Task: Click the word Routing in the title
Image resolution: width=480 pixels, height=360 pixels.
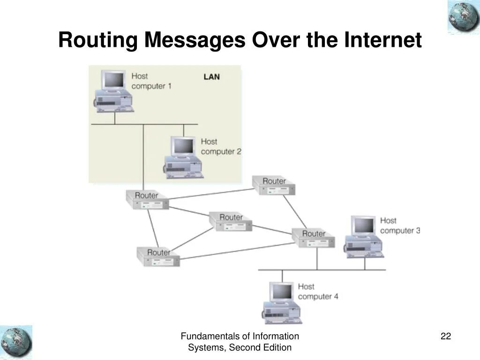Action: coord(98,41)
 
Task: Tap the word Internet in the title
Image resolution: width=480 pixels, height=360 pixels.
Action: coord(383,40)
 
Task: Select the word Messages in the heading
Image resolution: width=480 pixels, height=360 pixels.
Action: coord(195,41)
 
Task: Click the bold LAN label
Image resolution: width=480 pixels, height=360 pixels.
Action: coord(211,77)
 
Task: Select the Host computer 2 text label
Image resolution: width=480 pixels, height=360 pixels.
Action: coord(221,146)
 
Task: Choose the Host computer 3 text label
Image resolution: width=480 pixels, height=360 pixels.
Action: coord(400,225)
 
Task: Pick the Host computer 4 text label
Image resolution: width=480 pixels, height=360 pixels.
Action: coord(318,292)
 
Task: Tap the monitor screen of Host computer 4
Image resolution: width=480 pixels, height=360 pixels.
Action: coord(282,292)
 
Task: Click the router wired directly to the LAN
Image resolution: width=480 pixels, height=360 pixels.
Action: coord(147,200)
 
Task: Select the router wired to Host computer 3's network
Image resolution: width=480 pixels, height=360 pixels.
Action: coord(313,238)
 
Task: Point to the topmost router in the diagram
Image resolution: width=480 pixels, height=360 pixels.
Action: coord(274,186)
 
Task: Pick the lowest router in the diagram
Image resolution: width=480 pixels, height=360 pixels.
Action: coord(158,257)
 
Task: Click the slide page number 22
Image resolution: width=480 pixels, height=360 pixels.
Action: coord(445,336)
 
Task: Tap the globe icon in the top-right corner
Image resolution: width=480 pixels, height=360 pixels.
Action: coord(463,17)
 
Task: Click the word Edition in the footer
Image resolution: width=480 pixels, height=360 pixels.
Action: coord(275,347)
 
